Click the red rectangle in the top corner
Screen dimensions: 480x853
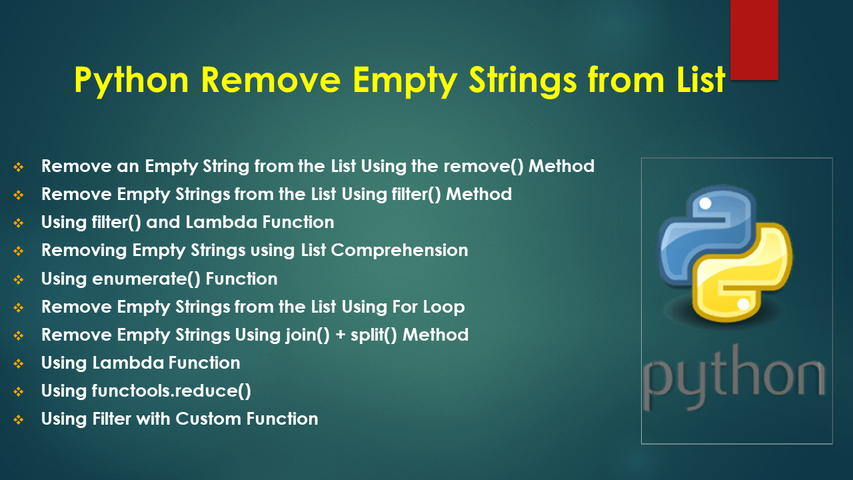point(754,39)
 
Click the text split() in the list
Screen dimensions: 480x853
point(375,335)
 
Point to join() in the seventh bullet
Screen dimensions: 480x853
point(303,335)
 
